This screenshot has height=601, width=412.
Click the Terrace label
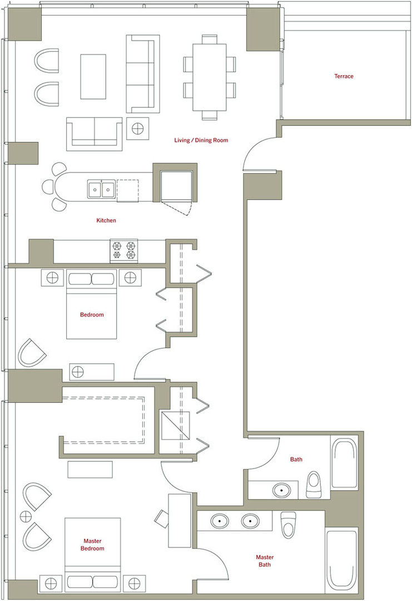344,76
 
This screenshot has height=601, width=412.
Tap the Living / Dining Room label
201,140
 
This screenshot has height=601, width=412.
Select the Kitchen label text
106,221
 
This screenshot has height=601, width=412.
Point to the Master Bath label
265,561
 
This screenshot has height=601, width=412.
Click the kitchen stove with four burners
123,250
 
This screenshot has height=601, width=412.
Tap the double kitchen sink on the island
101,189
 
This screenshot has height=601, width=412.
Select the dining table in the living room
210,77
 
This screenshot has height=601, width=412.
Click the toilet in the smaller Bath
314,485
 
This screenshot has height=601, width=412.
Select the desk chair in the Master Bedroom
162,518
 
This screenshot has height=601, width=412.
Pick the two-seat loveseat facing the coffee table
94,133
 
